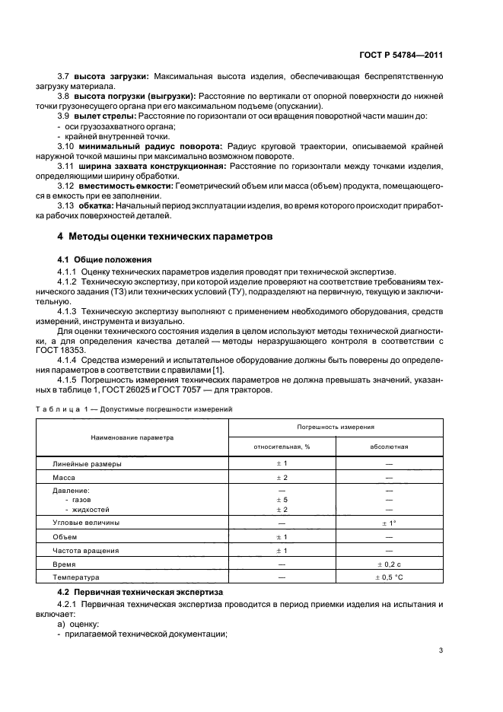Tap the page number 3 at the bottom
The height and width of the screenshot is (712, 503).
pyautogui.click(x=441, y=650)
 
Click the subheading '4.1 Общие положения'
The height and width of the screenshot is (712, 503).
pyautogui.click(x=99, y=259)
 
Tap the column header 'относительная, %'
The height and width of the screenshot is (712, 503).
pyautogui.click(x=282, y=447)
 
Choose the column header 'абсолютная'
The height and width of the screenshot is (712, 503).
pyautogui.click(x=389, y=447)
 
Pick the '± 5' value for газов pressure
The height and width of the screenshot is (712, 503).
pyautogui.click(x=282, y=500)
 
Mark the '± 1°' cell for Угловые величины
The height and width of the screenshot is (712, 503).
pyautogui.click(x=389, y=523)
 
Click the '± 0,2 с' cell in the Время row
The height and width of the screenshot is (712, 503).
pyautogui.click(x=389, y=564)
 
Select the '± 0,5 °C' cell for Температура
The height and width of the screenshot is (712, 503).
pyautogui.click(x=389, y=577)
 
